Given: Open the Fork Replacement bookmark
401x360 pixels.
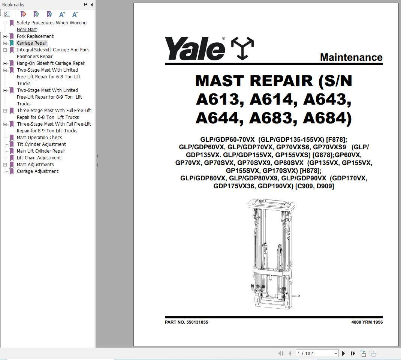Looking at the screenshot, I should click(x=35, y=36).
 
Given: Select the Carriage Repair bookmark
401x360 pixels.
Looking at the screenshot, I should click(x=32, y=43).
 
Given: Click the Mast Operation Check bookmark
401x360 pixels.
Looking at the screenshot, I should click(x=39, y=138).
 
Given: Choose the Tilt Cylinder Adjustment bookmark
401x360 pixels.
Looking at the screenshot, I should click(x=41, y=144).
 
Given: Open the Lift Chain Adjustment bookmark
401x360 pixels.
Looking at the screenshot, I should click(x=39, y=158).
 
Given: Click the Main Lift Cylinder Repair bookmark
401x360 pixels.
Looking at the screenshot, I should click(x=41, y=151).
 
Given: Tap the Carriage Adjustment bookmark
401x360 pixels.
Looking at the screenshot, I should click(x=37, y=171).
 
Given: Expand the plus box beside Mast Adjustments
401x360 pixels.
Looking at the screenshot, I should click(x=5, y=165).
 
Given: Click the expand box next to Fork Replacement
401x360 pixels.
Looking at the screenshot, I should click(x=5, y=36).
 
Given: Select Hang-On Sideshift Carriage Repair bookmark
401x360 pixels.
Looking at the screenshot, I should click(x=51, y=63).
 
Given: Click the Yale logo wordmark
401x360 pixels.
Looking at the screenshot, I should click(x=195, y=48).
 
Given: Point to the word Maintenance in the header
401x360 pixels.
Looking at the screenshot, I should click(x=351, y=57).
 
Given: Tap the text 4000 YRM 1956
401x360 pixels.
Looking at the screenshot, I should click(x=367, y=322).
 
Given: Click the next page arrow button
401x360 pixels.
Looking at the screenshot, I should click(x=343, y=353).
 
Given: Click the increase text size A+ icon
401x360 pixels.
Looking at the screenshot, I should click(x=62, y=14).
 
